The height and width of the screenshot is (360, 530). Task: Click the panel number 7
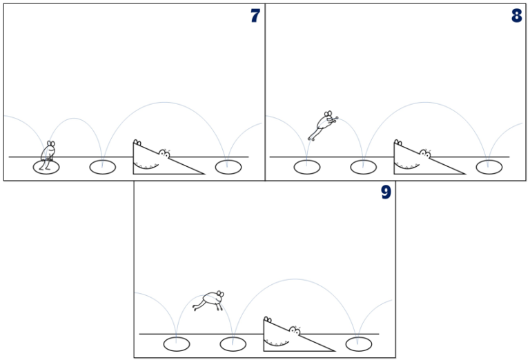coord(255,15)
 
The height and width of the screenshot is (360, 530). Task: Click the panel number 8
coord(516,15)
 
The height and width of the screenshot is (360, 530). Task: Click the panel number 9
coord(386,192)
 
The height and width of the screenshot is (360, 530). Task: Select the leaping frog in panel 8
coord(322,125)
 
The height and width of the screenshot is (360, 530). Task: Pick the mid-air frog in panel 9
coord(209,301)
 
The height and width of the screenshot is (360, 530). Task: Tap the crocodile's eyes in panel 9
coord(294,330)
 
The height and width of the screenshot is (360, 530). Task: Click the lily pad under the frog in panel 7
coord(46,166)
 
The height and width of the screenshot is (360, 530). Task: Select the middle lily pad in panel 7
coord(101,166)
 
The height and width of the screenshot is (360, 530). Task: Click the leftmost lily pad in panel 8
coord(306,166)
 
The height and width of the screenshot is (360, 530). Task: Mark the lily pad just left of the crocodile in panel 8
coord(362,166)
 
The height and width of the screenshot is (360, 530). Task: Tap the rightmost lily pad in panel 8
coord(488,166)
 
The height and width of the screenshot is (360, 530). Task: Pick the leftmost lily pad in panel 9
coord(176,343)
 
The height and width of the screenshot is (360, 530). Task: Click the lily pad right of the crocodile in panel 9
coord(357,343)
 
